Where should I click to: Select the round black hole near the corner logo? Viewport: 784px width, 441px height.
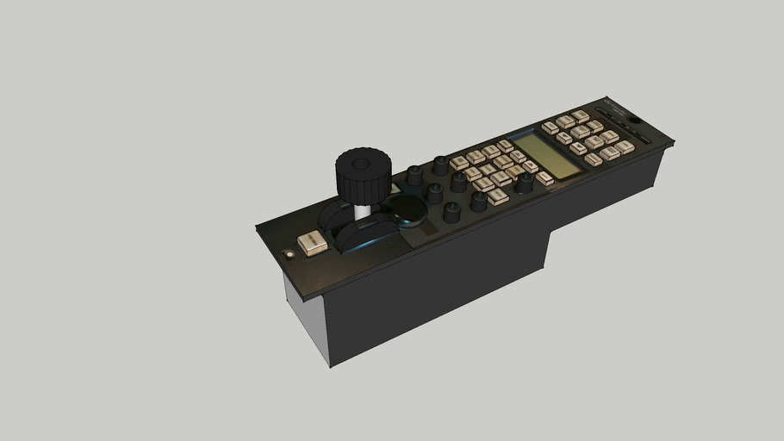point(634,120)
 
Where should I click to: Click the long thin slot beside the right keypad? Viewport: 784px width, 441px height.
point(644,138)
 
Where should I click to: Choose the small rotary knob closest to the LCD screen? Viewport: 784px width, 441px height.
point(524,182)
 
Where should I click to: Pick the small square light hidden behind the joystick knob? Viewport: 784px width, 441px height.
point(395,188)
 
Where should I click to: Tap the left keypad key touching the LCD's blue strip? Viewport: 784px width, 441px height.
point(506,146)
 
